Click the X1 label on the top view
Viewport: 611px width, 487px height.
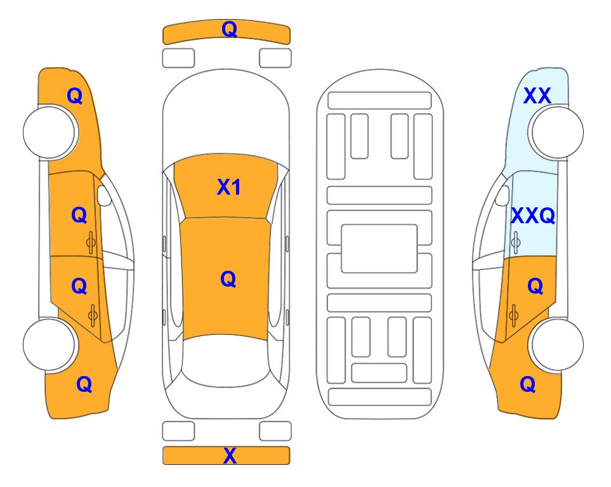229,187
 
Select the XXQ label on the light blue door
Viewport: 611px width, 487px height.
533,216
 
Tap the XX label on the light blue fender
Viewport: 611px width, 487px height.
537,96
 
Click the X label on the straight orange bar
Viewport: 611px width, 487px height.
230,455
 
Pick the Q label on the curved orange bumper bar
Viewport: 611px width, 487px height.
229,29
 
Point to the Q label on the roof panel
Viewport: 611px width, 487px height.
228,279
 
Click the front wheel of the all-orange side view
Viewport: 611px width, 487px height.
49,133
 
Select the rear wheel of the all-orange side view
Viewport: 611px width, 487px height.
49,345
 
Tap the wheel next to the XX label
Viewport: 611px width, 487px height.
557,133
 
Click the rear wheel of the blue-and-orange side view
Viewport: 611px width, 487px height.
557,345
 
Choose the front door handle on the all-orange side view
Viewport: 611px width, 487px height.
91,242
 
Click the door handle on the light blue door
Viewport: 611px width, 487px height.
516,242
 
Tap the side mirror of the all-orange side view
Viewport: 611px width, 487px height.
104,195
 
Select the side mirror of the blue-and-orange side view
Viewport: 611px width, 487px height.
503,195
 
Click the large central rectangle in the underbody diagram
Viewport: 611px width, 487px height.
379,249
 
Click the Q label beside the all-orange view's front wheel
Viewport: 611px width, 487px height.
75,96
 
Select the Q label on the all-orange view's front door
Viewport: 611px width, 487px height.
79,215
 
